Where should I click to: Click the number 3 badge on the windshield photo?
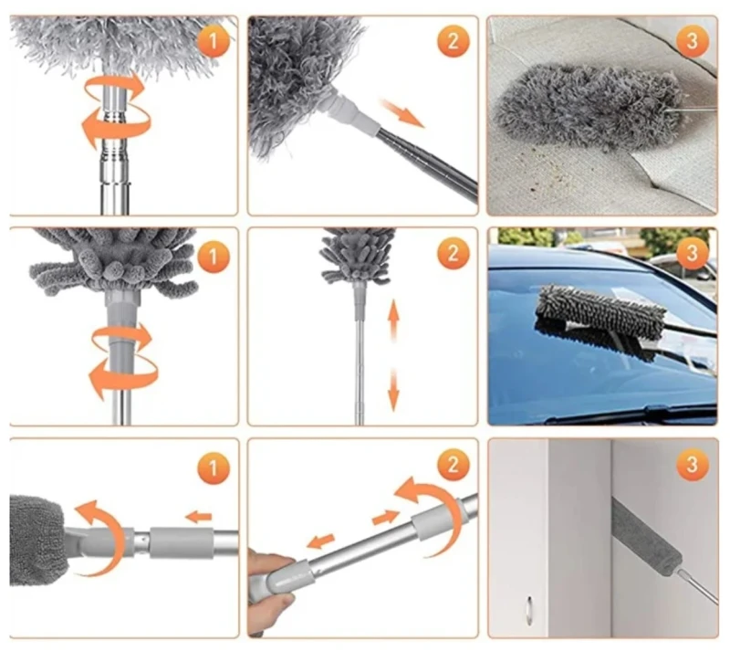pyautogui.click(x=692, y=254)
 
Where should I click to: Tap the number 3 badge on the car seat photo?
pyautogui.click(x=692, y=41)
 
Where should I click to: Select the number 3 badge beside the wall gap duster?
pyautogui.click(x=692, y=465)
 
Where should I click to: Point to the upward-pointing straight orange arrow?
pyautogui.click(x=394, y=321)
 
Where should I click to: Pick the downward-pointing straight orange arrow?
pyautogui.click(x=394, y=390)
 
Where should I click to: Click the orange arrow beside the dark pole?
pyautogui.click(x=401, y=112)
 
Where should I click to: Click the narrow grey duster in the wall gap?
pyautogui.click(x=646, y=537)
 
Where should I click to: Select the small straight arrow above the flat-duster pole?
pyautogui.click(x=199, y=517)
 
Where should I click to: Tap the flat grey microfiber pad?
pyautogui.click(x=37, y=541)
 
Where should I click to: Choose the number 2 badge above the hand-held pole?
pyautogui.click(x=453, y=465)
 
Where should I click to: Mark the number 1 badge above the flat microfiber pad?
pyautogui.click(x=214, y=467)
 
